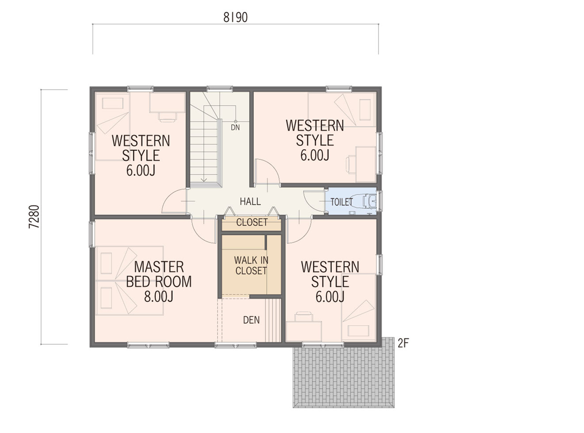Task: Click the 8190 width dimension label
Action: (236, 18)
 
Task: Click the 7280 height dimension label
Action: (35, 216)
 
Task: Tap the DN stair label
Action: (236, 128)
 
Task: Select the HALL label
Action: (250, 201)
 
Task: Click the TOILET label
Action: (342, 202)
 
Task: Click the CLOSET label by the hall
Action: (252, 222)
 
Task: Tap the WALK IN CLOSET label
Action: (251, 265)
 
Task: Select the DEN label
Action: (251, 320)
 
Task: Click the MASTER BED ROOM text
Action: (159, 275)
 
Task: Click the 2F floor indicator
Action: (403, 343)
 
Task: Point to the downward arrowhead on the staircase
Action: (204, 180)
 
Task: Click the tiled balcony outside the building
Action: (344, 377)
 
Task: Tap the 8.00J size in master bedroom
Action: (159, 297)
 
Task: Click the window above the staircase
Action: (219, 89)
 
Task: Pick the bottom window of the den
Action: (236, 345)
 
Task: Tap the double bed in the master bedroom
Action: (129, 280)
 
